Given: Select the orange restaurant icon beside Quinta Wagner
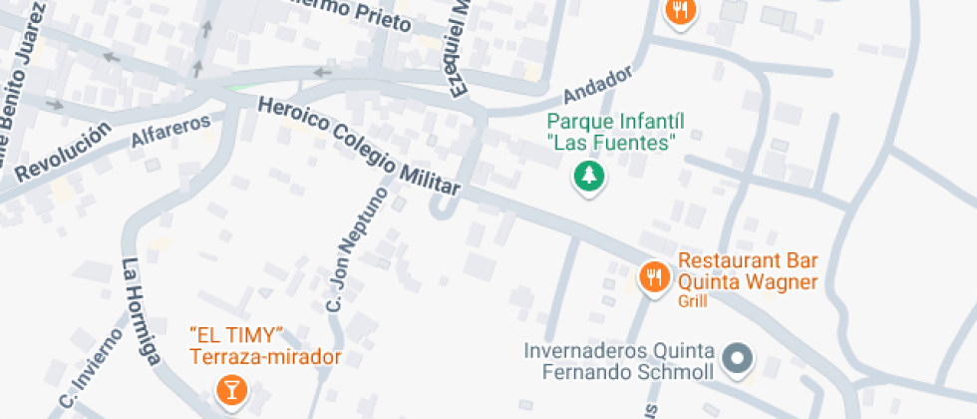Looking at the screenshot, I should coord(654,276).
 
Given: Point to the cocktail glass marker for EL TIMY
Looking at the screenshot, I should coord(231,390).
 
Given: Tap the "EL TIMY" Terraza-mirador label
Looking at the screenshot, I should coord(265,345).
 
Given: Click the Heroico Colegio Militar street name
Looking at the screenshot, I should coord(359,147).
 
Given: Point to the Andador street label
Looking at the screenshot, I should coord(598,86).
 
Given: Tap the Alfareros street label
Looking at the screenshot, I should coord(171,132).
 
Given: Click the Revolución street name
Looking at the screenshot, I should coord(60,154).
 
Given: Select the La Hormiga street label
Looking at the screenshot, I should coord(142,311).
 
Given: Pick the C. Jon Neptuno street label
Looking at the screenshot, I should coord(355,247).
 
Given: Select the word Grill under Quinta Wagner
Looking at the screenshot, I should coord(692,301).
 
